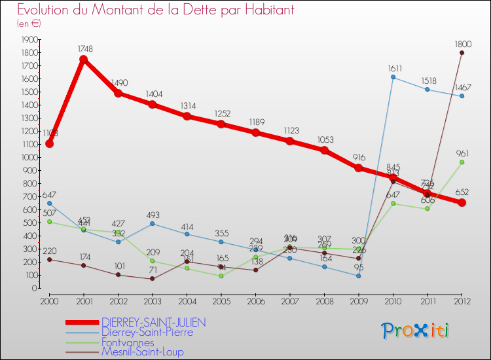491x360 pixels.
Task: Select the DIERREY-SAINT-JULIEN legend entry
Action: (154, 322)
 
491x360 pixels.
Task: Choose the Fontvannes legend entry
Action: (128, 342)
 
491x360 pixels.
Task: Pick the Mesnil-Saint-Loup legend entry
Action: (142, 351)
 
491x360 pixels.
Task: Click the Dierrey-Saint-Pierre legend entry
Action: (147, 332)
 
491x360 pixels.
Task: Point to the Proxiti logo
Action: (416, 331)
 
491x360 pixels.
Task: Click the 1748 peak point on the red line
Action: (84, 60)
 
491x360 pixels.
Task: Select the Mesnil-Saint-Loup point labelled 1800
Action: (462, 52)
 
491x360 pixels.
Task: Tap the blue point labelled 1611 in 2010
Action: (393, 77)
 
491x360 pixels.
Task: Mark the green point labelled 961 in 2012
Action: (462, 162)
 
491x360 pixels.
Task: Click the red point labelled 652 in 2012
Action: (462, 203)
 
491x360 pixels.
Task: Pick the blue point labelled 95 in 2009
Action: (358, 276)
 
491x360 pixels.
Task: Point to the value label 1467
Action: (462, 87)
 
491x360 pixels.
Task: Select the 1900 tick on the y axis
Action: (29, 39)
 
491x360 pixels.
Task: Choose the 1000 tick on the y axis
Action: (29, 157)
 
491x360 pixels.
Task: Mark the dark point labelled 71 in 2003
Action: (153, 279)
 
